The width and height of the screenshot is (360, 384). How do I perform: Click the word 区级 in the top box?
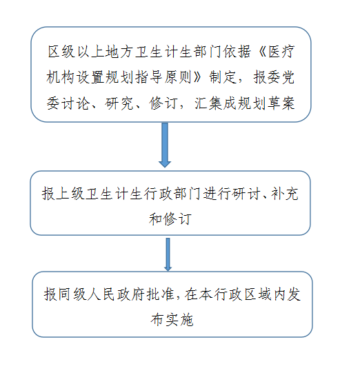[61, 52]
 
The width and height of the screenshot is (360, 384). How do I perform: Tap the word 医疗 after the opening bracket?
[281, 52]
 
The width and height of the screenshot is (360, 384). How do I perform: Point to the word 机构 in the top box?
[60, 77]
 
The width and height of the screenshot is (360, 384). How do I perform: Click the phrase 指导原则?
[163, 77]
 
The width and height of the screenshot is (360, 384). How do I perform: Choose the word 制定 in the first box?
[223, 77]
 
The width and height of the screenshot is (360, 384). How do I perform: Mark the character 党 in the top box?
[288, 77]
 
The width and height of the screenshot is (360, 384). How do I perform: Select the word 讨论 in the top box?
[75, 103]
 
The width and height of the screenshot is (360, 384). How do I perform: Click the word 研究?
[119, 103]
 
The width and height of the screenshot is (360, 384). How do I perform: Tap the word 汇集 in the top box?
[208, 103]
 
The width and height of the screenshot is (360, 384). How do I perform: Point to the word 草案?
[281, 103]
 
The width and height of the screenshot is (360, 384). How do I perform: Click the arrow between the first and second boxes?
[165, 145]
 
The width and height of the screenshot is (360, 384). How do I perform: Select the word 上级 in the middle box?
[70, 194]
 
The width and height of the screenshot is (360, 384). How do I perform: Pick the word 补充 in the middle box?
[285, 194]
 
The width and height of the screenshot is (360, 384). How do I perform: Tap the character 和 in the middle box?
[156, 219]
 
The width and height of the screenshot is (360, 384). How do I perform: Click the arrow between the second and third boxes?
[168, 254]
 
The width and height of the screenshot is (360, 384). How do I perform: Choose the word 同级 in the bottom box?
[72, 294]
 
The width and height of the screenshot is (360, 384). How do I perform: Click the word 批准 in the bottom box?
[160, 294]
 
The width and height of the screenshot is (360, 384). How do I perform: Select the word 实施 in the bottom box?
[179, 320]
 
